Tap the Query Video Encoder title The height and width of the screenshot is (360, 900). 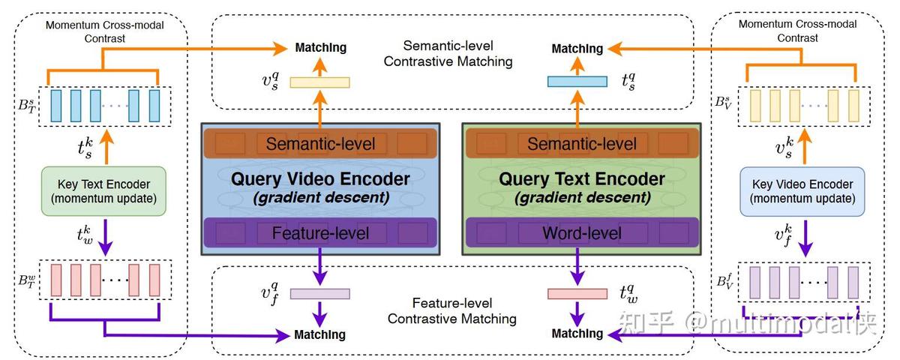point(320,179)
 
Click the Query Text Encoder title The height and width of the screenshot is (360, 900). point(582,179)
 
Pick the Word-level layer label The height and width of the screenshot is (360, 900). point(582,233)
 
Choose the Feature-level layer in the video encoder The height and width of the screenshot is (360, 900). point(320,233)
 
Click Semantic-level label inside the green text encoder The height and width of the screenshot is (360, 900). point(582,143)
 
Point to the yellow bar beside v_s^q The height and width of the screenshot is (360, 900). point(320,82)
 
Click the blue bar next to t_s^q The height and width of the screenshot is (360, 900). point(577,82)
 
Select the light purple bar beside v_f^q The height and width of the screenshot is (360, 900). point(320,294)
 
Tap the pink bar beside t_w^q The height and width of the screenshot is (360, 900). point(577,294)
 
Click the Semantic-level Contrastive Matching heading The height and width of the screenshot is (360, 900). point(448,53)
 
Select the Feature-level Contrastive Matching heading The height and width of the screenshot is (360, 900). point(451,311)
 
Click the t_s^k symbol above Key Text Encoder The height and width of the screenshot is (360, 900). point(85,148)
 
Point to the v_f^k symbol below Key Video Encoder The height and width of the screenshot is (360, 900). point(784,235)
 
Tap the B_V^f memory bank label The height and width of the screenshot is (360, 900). point(724,282)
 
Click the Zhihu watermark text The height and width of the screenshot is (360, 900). point(746,324)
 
